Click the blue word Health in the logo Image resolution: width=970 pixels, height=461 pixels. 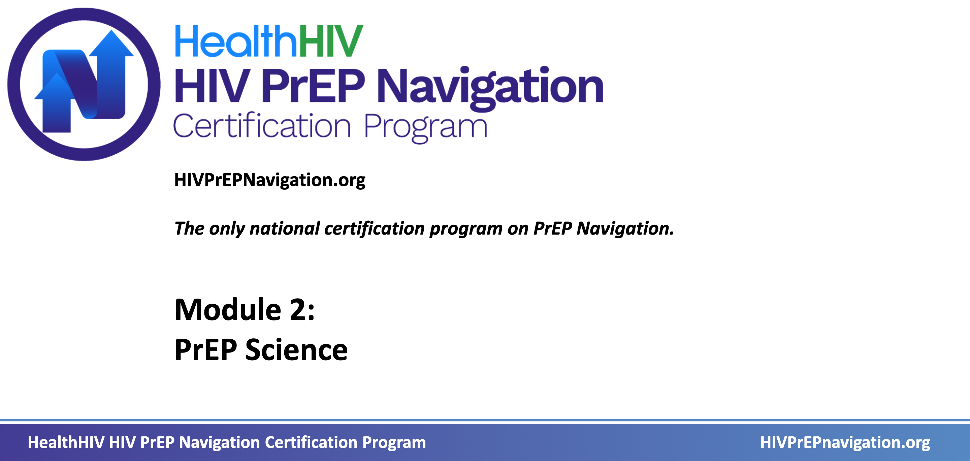pyautogui.click(x=236, y=41)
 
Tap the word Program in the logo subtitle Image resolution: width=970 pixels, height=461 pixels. pyautogui.click(x=425, y=128)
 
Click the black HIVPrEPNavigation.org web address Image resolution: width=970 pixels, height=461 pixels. pyautogui.click(x=269, y=180)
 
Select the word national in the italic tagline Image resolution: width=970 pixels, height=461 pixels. pyautogui.click(x=285, y=228)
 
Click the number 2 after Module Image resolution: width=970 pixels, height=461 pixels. pyautogui.click(x=297, y=310)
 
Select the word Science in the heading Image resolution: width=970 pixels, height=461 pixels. pyautogui.click(x=296, y=350)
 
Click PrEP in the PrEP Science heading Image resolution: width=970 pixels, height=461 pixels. pyautogui.click(x=206, y=350)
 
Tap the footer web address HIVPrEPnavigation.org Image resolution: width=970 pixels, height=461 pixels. pyautogui.click(x=845, y=442)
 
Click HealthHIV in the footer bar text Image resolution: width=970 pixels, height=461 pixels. pyautogui.click(x=66, y=442)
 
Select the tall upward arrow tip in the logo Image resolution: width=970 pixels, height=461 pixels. pyautogui.click(x=111, y=31)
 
